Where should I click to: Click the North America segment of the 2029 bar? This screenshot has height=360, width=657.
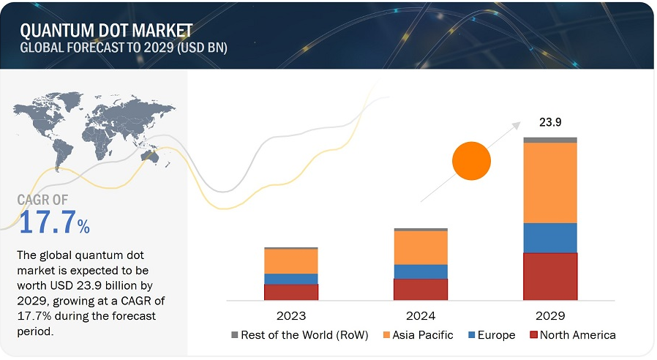click(x=550, y=277)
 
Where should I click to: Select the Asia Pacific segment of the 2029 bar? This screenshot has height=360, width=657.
click(x=550, y=183)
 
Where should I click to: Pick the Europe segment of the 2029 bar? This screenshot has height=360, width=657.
click(x=550, y=238)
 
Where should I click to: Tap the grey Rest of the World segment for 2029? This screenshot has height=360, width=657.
click(x=550, y=140)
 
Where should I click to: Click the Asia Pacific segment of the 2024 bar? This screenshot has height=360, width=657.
click(x=421, y=248)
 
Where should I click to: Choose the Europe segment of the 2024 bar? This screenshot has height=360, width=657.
click(x=421, y=272)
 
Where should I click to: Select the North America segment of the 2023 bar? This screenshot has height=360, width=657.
click(x=291, y=293)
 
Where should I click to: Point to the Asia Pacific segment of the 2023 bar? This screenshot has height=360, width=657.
click(x=291, y=261)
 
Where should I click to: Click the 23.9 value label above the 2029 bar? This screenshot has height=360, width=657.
click(x=550, y=122)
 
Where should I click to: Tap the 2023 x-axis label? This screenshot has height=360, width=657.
click(x=291, y=316)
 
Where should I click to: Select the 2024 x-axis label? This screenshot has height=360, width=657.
click(x=421, y=316)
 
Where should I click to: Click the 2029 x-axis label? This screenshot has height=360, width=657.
click(x=550, y=316)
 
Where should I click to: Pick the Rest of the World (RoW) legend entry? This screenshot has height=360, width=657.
click(x=299, y=335)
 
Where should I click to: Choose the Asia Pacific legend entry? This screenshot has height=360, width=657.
click(x=418, y=335)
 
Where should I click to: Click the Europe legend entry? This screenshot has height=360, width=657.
click(x=492, y=335)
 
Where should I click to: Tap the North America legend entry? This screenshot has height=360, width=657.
click(x=573, y=335)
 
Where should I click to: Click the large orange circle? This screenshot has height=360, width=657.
click(x=471, y=161)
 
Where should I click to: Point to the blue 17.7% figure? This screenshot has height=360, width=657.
click(x=54, y=222)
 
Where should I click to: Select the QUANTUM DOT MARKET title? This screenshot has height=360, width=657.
click(x=106, y=31)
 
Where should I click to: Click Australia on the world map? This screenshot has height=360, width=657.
click(x=149, y=156)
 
